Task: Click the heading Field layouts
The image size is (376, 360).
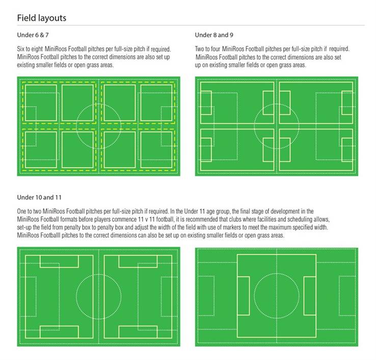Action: point(41,18)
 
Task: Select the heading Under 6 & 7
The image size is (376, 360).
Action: point(34,35)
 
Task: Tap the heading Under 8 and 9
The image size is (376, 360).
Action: point(214,35)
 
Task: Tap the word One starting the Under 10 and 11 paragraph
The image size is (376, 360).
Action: point(23,210)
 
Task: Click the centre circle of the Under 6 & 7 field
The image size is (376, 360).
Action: point(98,126)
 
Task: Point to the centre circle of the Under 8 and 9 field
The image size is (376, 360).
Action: point(276,126)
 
